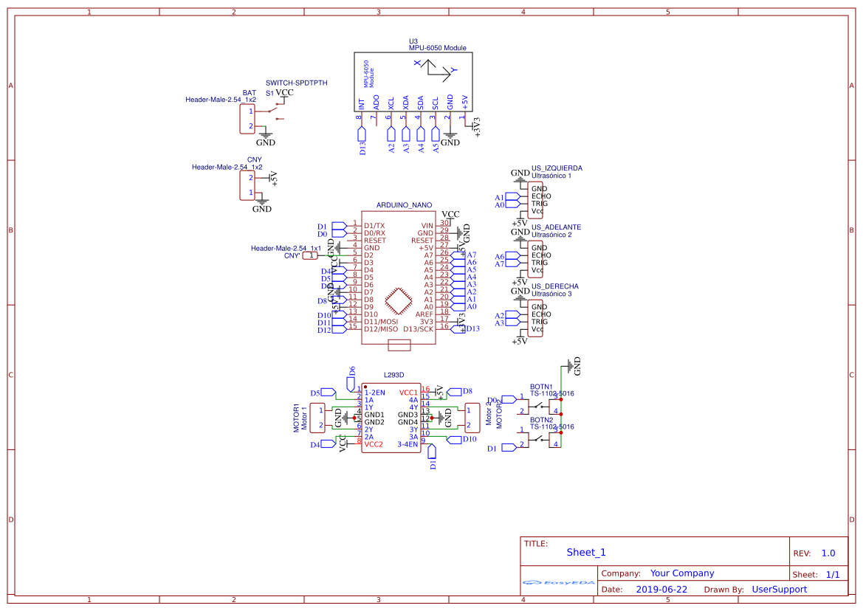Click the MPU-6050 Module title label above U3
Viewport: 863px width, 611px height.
click(x=437, y=48)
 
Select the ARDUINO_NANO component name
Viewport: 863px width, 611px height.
click(x=404, y=205)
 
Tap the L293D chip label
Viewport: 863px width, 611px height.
click(x=393, y=376)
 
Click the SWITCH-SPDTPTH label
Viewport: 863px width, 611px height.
click(x=296, y=83)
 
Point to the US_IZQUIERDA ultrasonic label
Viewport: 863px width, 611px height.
click(x=556, y=168)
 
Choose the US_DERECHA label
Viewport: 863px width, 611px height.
click(x=554, y=286)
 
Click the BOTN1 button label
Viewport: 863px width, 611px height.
click(x=541, y=387)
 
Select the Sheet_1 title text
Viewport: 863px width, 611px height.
click(x=585, y=553)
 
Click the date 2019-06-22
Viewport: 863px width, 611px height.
click(x=661, y=590)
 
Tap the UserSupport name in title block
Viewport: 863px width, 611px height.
click(x=779, y=590)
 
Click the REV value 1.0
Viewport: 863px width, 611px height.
click(x=828, y=553)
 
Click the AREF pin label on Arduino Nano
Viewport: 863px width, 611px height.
click(x=424, y=314)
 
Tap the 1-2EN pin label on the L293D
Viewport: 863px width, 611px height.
click(x=374, y=393)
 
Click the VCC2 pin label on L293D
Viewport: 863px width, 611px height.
click(x=374, y=444)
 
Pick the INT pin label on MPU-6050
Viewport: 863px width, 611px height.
click(x=362, y=104)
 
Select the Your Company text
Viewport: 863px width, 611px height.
click(x=681, y=573)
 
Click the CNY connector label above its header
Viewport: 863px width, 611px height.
click(x=255, y=160)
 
